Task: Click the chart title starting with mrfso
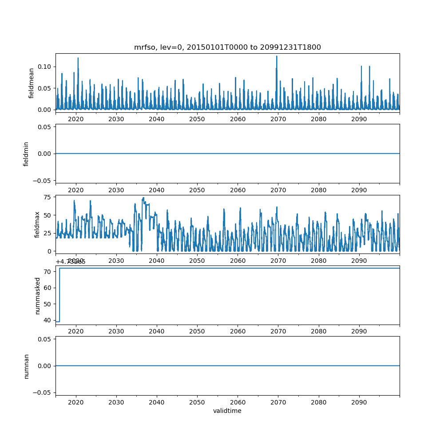coord(227,47)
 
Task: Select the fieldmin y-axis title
coord(26,154)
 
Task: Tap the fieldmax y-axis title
coord(37,224)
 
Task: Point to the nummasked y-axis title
coord(38,295)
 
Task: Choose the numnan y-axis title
coord(26,366)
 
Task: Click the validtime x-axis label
coord(227,411)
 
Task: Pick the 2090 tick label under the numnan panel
coord(359,402)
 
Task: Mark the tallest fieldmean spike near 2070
coord(277,56)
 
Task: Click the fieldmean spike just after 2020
coord(78,58)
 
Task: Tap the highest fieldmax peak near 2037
coord(143,198)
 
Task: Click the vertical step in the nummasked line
coord(59,295)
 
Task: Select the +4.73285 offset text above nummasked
coord(71,262)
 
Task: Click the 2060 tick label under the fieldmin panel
coord(238,190)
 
